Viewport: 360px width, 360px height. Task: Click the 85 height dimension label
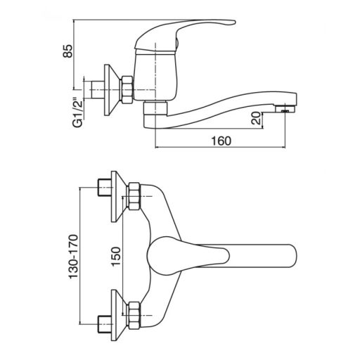point(68,51)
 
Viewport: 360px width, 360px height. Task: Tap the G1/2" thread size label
point(78,112)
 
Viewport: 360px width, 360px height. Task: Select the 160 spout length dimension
point(221,141)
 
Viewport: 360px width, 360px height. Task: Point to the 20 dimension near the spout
point(256,118)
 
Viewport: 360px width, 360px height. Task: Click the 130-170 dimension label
point(73,257)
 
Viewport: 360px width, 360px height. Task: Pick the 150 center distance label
point(117,257)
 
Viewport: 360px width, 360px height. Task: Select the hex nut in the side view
point(127,89)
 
